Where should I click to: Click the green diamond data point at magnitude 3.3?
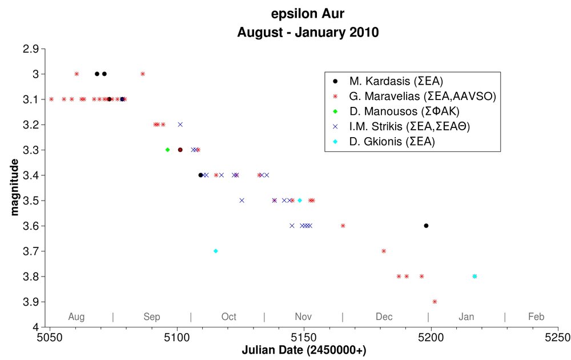coord(167,150)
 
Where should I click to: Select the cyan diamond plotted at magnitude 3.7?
coord(215,251)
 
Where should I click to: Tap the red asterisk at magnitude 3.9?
coord(435,302)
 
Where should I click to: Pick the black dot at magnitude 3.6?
coord(426,226)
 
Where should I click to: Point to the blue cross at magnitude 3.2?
coord(180,124)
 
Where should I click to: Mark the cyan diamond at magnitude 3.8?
coord(475,277)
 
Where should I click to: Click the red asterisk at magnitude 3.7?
coord(384,251)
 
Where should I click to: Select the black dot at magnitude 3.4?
coord(200,175)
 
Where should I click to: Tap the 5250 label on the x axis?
coord(558,337)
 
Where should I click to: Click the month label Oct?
coord(228,317)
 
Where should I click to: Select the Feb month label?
coord(536,317)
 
